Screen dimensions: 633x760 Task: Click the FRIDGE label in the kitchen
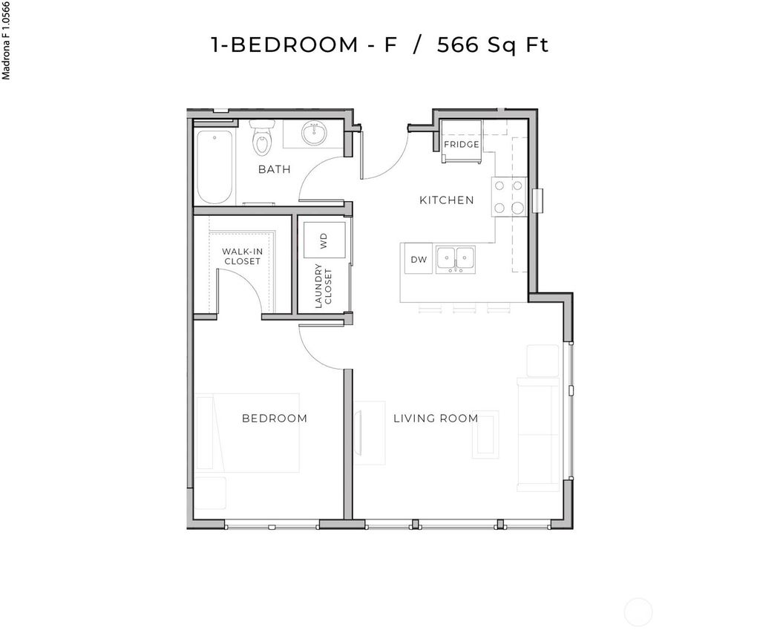(x=461, y=144)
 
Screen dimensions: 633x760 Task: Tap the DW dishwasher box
(x=419, y=259)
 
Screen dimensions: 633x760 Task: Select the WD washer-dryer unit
(x=324, y=240)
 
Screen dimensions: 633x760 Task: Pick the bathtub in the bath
(x=214, y=167)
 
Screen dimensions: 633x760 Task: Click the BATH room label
(x=274, y=169)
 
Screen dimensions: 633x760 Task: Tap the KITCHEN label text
(x=446, y=200)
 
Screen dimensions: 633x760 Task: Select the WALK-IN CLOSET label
(x=242, y=257)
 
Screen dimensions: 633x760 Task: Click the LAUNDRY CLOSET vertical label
(x=324, y=286)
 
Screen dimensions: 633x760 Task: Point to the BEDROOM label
(x=274, y=419)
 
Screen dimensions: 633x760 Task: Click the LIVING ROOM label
(x=435, y=419)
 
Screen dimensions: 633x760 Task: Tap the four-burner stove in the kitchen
(x=508, y=197)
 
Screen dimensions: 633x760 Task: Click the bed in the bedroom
(x=247, y=433)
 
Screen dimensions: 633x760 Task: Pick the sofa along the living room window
(x=539, y=433)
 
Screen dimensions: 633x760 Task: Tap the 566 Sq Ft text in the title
(x=492, y=45)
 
